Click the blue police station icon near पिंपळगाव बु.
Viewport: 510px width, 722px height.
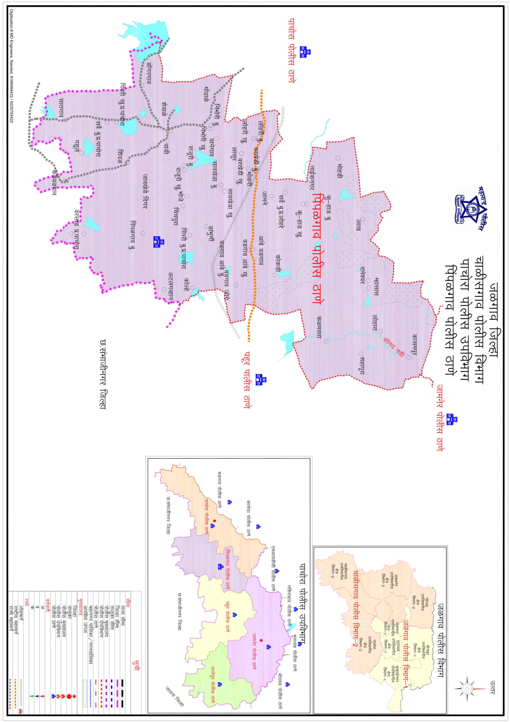pos(159,242)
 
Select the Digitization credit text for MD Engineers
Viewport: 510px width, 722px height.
pos(12,66)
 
